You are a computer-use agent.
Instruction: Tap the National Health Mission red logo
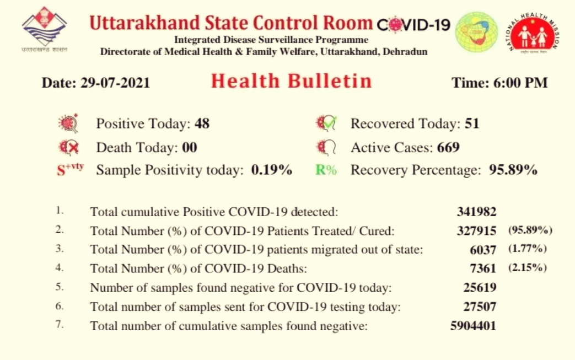pos(534,34)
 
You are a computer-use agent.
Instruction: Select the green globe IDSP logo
pos(477,33)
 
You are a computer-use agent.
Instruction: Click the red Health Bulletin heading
pos(292,81)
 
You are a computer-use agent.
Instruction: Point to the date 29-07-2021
pos(115,83)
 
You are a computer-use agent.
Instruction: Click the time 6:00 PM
pos(520,83)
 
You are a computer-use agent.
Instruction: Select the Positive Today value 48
pos(202,123)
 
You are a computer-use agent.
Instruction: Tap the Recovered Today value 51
pos(472,123)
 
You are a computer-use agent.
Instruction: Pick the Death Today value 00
pos(190,147)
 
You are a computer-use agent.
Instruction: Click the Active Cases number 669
pos(448,147)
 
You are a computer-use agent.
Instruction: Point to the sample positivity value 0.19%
pos(272,170)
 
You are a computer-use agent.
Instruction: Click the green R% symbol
pos(326,170)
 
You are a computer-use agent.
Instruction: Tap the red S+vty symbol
pos(71,169)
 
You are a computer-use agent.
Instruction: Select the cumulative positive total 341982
pos(476,212)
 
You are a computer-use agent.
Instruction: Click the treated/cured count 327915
pos(476,230)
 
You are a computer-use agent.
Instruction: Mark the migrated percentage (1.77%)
pos(528,249)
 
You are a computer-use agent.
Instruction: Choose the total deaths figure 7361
pos(483,268)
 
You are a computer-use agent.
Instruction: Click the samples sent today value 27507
pos(480,307)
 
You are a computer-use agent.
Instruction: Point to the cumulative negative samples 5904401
pos(473,325)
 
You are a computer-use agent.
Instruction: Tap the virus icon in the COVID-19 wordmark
pos(395,25)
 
